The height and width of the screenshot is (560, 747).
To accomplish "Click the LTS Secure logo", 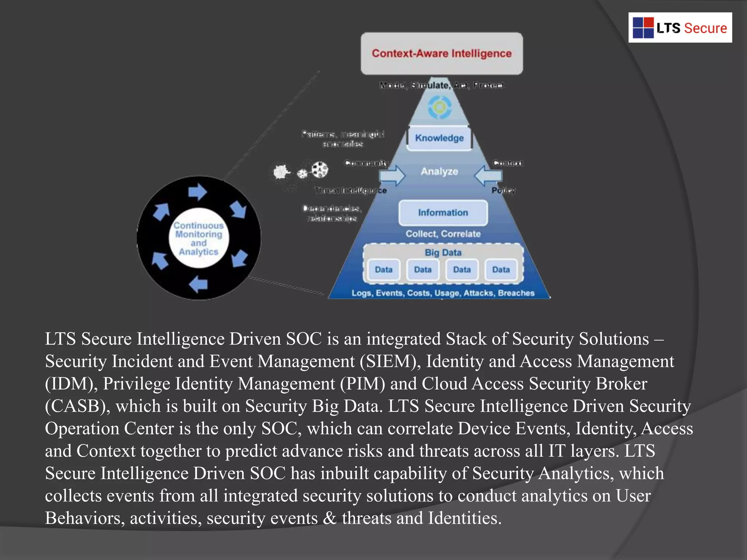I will click(680, 28).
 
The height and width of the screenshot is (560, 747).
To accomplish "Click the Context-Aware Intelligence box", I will click(442, 54).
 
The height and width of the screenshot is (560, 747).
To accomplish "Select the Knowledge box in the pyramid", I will click(439, 138).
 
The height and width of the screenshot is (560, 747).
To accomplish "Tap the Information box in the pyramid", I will click(443, 213).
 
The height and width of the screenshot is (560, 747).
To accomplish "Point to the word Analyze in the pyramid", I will click(439, 171).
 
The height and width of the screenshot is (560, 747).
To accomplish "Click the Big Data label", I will click(443, 252).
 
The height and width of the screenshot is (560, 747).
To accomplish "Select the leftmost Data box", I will click(383, 270).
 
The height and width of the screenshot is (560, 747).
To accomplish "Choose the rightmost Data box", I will click(501, 270).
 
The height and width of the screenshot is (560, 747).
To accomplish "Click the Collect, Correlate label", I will click(443, 234).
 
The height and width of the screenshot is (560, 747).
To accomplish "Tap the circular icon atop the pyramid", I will click(440, 107).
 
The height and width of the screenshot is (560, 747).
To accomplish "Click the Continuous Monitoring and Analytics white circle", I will click(199, 238).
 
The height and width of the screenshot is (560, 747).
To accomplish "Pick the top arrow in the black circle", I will click(197, 192).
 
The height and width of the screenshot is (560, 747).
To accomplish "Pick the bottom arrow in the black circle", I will click(199, 284).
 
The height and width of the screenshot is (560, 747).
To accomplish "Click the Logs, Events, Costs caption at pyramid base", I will click(443, 293).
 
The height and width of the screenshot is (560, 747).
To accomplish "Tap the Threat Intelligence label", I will click(350, 190).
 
